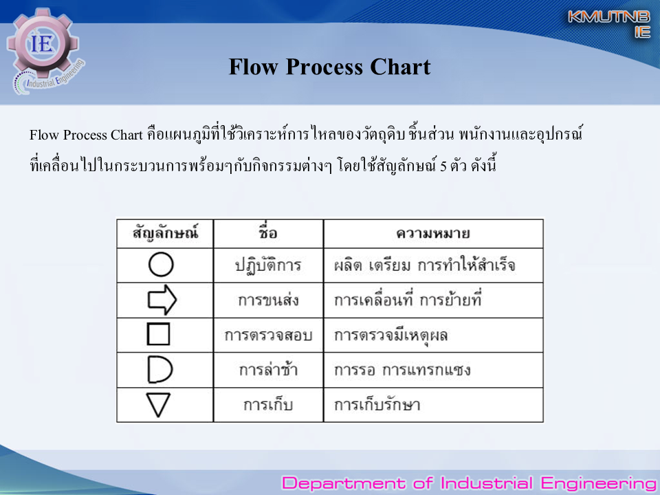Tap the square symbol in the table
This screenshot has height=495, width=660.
148,334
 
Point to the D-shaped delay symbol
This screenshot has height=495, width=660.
149,370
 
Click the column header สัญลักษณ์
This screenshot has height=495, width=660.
165,233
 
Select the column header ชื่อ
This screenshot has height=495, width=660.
268,233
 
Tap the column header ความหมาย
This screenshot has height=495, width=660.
432,233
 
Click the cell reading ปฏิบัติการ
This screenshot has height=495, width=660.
267,265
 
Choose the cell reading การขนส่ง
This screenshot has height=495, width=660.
268,300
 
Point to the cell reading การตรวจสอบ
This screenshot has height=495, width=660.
268,335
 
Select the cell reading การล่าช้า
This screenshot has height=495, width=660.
268,370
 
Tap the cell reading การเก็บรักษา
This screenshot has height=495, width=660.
377,405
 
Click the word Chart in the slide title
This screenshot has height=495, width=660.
400,67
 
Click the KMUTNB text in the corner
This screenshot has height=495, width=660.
609,16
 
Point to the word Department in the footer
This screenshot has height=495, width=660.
344,483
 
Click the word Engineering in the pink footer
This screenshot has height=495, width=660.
598,483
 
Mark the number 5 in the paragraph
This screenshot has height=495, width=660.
443,166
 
